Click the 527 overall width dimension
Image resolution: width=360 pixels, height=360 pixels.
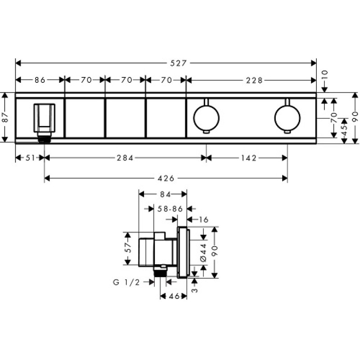(178, 63)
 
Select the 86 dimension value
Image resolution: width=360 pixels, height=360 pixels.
(40, 80)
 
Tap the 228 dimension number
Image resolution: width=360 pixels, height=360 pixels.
(254, 81)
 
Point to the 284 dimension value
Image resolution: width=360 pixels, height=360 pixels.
(125, 158)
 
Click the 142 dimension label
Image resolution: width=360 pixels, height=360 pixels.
(249, 158)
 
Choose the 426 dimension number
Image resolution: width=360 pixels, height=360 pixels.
(166, 178)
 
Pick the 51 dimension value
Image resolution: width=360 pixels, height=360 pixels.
(30, 158)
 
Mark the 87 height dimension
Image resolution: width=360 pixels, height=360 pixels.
(5, 117)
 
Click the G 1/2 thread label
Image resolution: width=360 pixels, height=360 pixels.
(126, 282)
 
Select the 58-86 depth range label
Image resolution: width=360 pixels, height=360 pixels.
(170, 209)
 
